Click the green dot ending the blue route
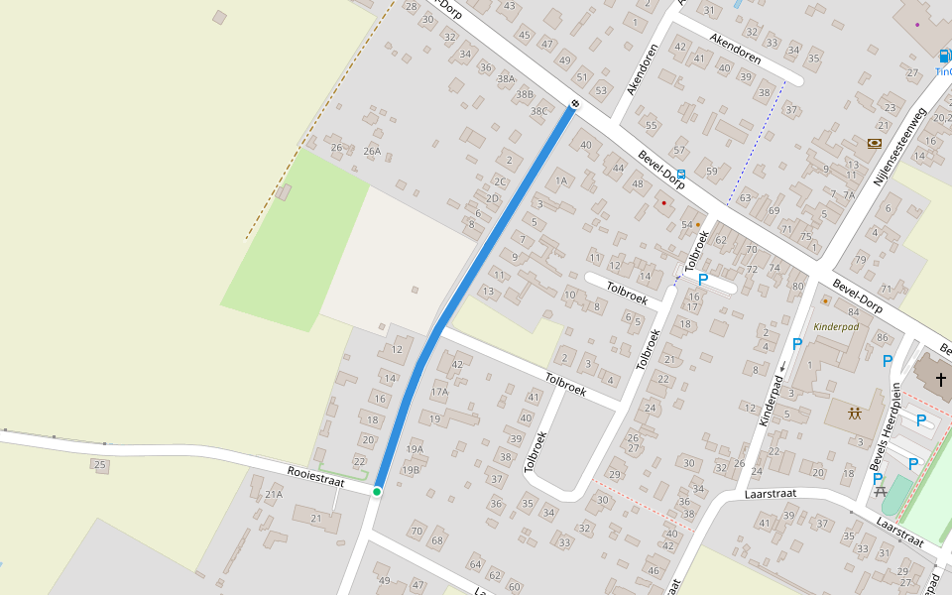point(377,491)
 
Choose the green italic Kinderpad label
point(836,326)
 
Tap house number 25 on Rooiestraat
point(99,464)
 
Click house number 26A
point(372,152)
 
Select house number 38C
point(538,111)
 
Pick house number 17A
point(439,392)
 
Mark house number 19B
point(411,469)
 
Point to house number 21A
point(274,494)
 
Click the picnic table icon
point(879,491)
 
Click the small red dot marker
point(664,203)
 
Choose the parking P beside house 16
point(703,280)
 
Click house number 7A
point(848,194)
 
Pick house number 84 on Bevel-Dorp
point(853,312)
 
